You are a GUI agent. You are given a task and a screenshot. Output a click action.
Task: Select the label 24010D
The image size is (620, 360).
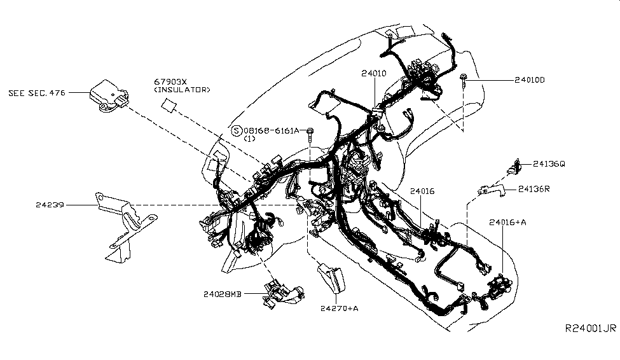click(530, 81)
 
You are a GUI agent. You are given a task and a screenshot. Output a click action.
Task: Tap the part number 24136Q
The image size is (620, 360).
click(548, 163)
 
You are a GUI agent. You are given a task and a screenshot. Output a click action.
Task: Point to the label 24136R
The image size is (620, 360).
click(534, 189)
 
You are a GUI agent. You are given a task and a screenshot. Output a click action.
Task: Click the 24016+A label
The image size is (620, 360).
click(507, 222)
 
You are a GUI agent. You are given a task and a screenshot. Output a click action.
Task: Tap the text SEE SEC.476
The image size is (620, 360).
click(38, 93)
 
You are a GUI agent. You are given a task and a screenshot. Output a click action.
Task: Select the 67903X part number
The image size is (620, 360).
click(169, 82)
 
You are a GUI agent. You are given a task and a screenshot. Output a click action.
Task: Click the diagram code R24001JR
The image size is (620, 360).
click(591, 328)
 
